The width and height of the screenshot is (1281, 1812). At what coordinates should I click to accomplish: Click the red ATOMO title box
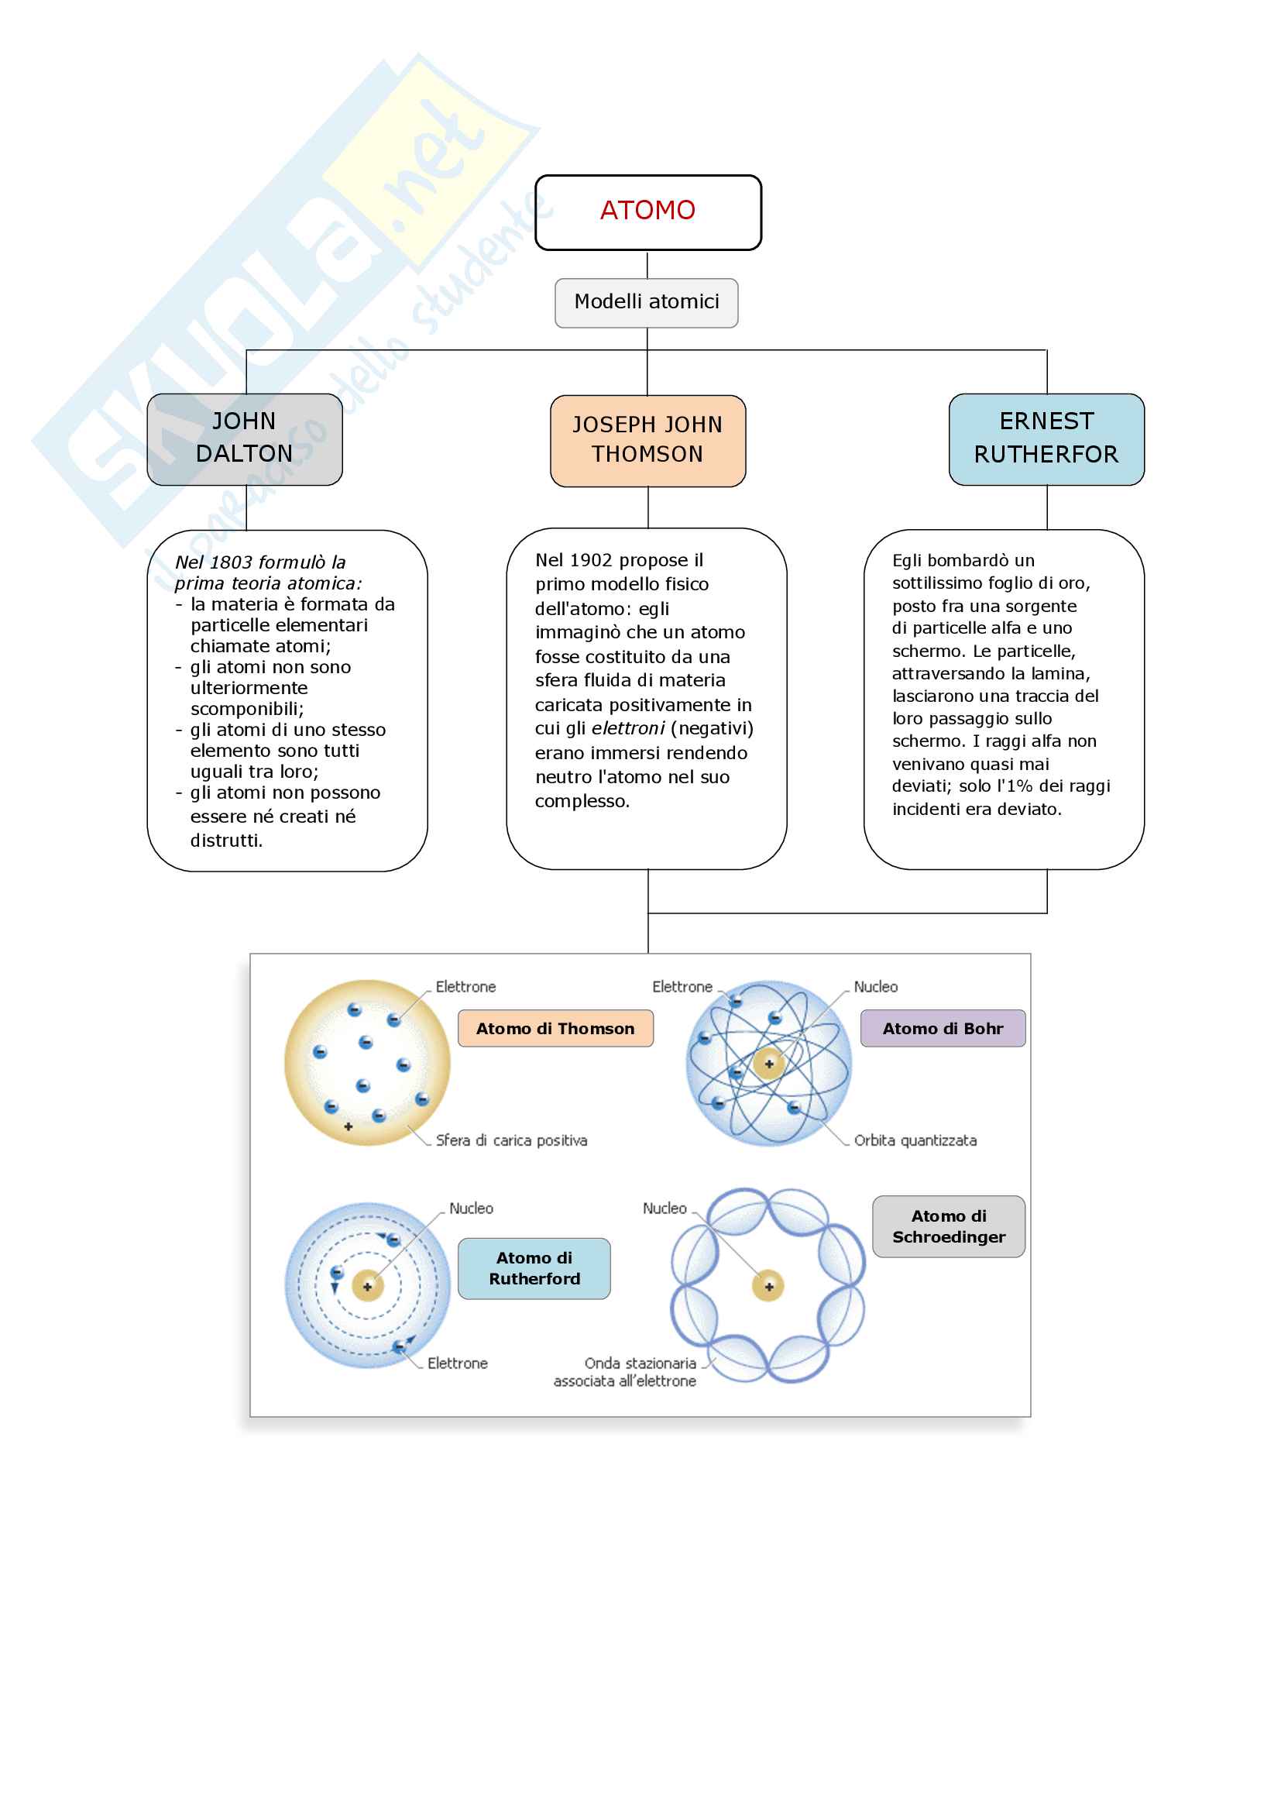pos(647,211)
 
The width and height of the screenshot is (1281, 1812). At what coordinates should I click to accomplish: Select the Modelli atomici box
pos(646,302)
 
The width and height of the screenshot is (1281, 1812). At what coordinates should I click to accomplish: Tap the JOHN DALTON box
pos(245,438)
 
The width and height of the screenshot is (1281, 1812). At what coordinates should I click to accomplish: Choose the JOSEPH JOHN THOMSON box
pos(647,440)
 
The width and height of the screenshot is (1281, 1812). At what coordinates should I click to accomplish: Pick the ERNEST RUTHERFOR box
pos(1046,438)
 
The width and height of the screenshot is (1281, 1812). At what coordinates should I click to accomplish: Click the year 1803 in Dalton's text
pos(231,562)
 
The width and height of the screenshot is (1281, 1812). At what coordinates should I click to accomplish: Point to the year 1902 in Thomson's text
pos(591,560)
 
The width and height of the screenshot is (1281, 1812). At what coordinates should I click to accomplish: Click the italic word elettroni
pos(628,728)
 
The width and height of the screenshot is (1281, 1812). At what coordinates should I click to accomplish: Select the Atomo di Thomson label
pos(555,1028)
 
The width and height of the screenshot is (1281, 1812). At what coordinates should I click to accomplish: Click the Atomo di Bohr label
pos(943,1028)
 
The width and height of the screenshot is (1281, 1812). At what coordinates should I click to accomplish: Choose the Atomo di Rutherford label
pos(534,1268)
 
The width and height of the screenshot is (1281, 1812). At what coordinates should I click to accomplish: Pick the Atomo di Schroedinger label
pos(948,1226)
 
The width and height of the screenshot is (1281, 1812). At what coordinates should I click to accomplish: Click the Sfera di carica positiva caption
pos(511,1140)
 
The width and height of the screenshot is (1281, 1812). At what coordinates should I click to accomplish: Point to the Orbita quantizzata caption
pos(915,1140)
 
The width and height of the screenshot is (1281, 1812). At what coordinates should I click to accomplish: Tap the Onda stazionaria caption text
pos(640,1363)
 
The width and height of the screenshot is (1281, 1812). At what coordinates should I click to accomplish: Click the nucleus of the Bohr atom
pos(768,1064)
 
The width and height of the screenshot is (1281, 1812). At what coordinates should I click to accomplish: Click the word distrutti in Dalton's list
pos(225,841)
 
